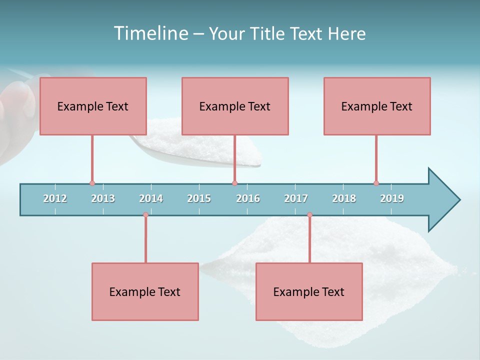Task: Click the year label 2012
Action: pyautogui.click(x=55, y=198)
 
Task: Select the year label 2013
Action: pyautogui.click(x=103, y=198)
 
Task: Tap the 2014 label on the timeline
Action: pyautogui.click(x=151, y=198)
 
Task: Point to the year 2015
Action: pyautogui.click(x=199, y=198)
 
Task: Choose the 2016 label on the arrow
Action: pyautogui.click(x=248, y=198)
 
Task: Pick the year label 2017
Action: pyautogui.click(x=296, y=198)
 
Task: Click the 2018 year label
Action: pyautogui.click(x=344, y=198)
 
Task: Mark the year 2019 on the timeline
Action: pyautogui.click(x=392, y=198)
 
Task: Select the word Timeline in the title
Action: pyautogui.click(x=150, y=33)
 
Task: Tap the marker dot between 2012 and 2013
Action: pyautogui.click(x=92, y=183)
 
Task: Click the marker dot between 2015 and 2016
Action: pyautogui.click(x=234, y=183)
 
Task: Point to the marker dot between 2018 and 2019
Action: pyautogui.click(x=376, y=183)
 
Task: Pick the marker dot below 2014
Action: pyautogui.click(x=145, y=215)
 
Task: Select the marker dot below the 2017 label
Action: pyautogui.click(x=309, y=215)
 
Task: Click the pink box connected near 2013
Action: pyautogui.click(x=93, y=106)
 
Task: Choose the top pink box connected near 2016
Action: pyautogui.click(x=235, y=106)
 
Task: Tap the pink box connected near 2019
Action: pyautogui.click(x=377, y=106)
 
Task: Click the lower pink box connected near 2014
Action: pyautogui.click(x=145, y=291)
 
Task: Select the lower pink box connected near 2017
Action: pyautogui.click(x=309, y=291)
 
